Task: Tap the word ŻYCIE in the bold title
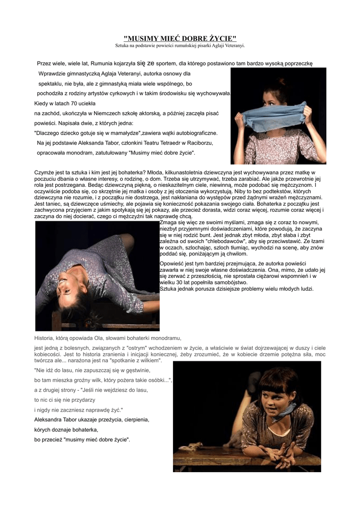221,39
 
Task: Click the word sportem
166,64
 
